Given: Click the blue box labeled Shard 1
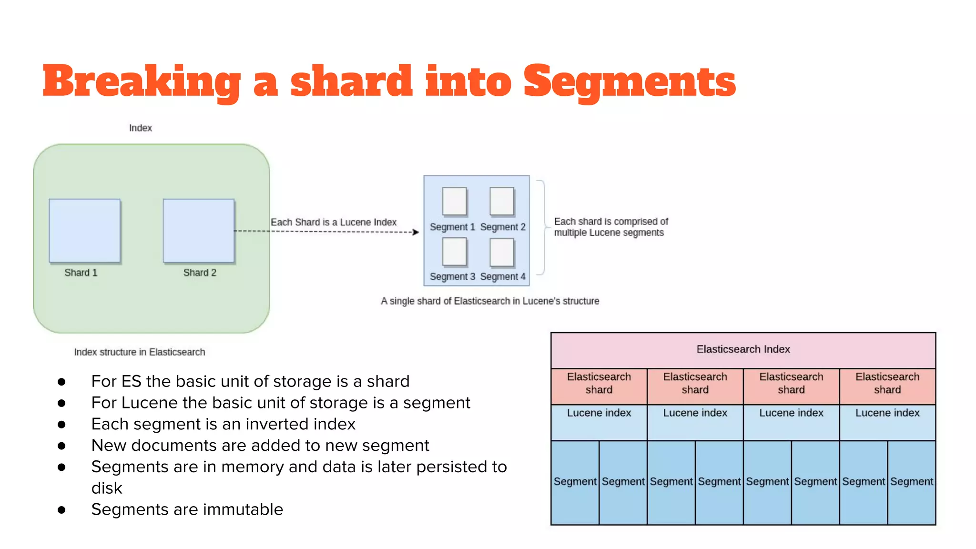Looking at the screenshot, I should (x=85, y=231).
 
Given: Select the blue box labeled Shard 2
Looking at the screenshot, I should (x=199, y=231).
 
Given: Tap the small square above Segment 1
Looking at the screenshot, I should (x=454, y=201).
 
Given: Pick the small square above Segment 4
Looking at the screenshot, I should (x=502, y=252).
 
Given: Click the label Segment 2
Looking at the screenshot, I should (x=502, y=227).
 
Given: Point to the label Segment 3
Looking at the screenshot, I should (x=452, y=277).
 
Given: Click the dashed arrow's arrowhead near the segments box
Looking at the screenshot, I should (x=416, y=232).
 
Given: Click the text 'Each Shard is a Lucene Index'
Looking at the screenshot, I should (x=334, y=222).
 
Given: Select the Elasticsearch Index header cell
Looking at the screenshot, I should (x=743, y=350).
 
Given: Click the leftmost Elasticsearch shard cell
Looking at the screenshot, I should (x=599, y=384).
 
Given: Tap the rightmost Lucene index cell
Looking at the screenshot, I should (x=887, y=414).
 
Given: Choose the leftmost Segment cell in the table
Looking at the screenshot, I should (x=575, y=482).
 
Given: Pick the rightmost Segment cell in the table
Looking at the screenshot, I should (x=912, y=482).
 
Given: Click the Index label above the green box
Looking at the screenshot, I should (x=140, y=128).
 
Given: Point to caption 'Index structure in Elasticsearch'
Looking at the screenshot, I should (x=140, y=352).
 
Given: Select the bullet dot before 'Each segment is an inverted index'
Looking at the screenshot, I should (x=61, y=424).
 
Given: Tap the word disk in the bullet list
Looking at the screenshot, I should (x=107, y=488).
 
